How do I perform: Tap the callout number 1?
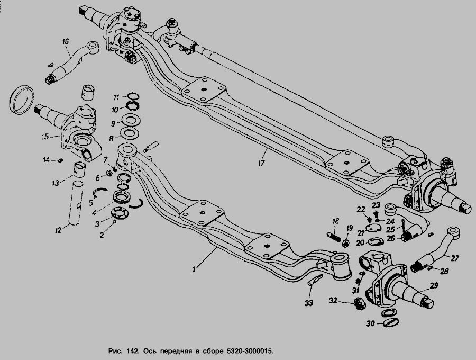[x=195, y=269]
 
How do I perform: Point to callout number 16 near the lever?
[x=66, y=41]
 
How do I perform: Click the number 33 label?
[x=308, y=303]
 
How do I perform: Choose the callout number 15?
[x=47, y=136]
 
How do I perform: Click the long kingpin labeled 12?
[x=78, y=204]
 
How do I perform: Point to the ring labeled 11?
[x=132, y=96]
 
